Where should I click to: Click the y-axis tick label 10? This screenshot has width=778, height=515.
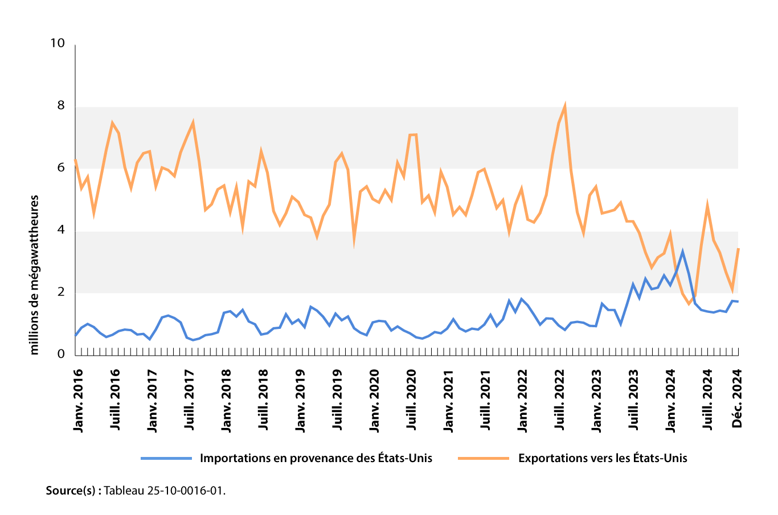58,44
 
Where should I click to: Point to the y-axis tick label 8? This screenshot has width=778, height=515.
61,106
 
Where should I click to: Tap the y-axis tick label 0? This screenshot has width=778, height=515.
61,355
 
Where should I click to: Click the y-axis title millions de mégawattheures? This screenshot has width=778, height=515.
35,275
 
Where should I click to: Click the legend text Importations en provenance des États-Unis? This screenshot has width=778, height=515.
316,458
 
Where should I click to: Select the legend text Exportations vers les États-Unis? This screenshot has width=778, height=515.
603,458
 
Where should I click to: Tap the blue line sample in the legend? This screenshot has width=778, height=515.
166,458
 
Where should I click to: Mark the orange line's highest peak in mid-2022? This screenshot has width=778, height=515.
564,105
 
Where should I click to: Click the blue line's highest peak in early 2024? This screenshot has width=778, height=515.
682,251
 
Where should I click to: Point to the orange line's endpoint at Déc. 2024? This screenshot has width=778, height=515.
738,249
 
